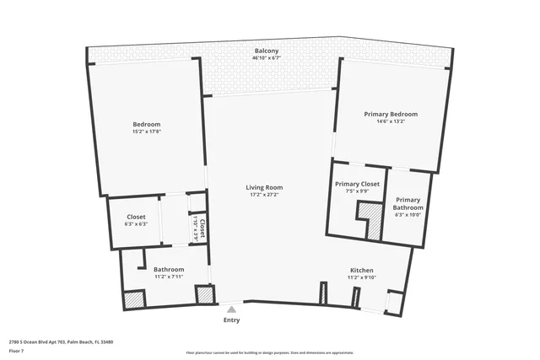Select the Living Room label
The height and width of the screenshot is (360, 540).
pos(264,187)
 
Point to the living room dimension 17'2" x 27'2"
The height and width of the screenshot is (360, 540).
pos(264,195)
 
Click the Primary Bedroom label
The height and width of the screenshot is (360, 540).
pos(391,114)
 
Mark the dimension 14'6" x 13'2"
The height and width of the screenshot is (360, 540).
pos(391,121)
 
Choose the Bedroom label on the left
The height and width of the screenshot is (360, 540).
pos(146,124)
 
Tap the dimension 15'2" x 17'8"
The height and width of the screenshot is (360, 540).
pos(146,132)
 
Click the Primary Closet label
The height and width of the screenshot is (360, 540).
pos(357,184)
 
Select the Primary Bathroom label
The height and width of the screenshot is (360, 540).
pos(408,203)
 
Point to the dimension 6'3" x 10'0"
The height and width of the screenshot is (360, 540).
pos(408,215)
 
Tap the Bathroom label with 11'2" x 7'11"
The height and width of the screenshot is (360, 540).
pos(169,270)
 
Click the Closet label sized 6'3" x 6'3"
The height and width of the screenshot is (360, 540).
pos(136,217)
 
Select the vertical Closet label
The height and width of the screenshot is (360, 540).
pos(202,228)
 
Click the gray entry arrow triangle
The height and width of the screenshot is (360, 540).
pos(231,309)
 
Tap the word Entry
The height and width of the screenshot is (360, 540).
pos(231,320)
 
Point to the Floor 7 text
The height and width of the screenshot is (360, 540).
pos(17,350)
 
